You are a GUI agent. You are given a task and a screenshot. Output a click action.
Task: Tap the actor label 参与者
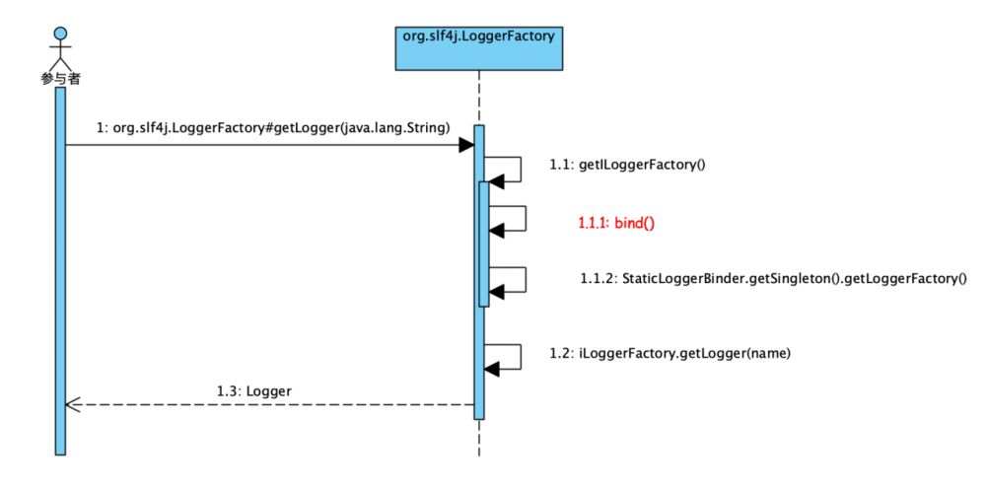pos(59,78)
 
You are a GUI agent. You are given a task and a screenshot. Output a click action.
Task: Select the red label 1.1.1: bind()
pos(616,223)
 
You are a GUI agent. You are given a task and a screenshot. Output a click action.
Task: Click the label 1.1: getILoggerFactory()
pos(627,165)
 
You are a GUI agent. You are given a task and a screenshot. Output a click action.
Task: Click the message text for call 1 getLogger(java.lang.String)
pos(273,128)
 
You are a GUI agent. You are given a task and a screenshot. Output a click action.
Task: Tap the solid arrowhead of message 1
pos(466,146)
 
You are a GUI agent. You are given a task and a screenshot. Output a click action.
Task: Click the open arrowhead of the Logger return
pos(71,404)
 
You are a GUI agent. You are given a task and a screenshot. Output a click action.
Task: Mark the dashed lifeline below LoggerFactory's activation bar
pos(479,439)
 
